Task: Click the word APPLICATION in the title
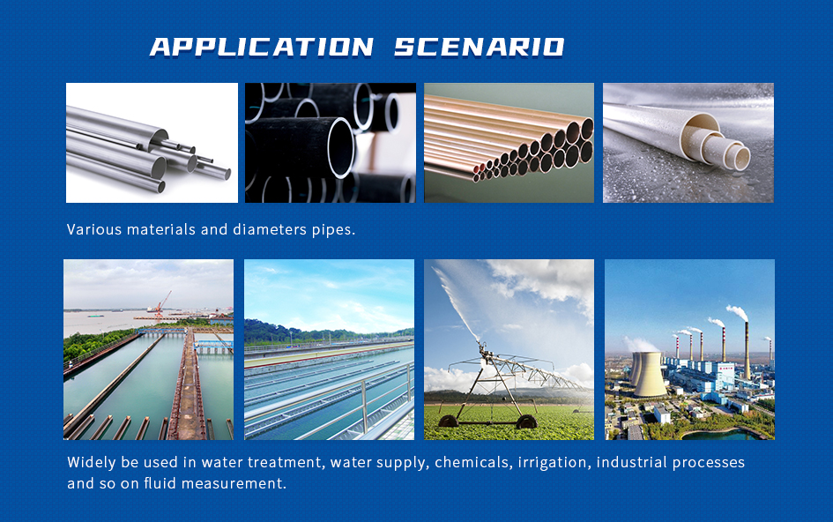tap(262, 47)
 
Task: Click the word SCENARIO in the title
tap(480, 47)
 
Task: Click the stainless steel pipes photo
tap(152, 143)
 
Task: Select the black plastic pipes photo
tap(331, 143)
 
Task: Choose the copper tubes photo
tap(509, 143)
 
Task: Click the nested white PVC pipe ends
tap(717, 142)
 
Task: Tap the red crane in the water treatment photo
tap(161, 303)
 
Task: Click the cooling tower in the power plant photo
tap(650, 374)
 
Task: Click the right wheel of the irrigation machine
tap(526, 422)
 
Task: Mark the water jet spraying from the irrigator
tap(456, 303)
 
